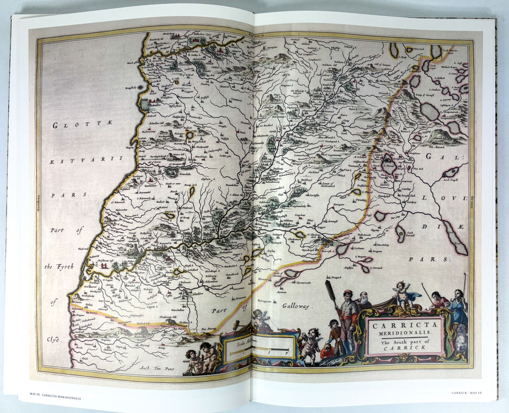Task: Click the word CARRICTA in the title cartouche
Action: (405, 324)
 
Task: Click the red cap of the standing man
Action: (347, 292)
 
